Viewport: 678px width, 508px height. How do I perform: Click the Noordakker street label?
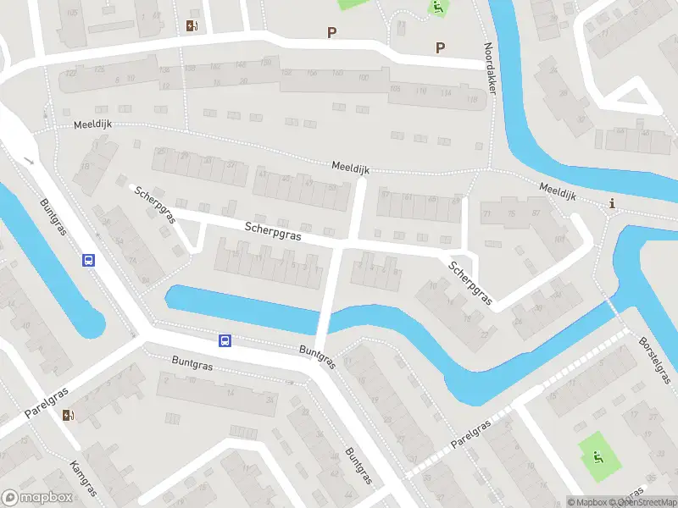pyautogui.click(x=492, y=75)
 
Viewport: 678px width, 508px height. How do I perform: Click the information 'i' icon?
pyautogui.click(x=613, y=203)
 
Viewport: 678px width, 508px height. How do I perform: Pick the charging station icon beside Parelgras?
pyautogui.click(x=68, y=414)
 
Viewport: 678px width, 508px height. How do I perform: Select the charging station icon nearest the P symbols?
pyautogui.click(x=192, y=25)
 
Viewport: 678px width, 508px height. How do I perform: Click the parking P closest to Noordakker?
pyautogui.click(x=439, y=47)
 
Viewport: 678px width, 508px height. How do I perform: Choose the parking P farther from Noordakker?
pyautogui.click(x=331, y=33)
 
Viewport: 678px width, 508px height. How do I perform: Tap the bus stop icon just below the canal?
pyautogui.click(x=225, y=340)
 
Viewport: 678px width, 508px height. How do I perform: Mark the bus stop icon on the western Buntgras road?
pyautogui.click(x=88, y=260)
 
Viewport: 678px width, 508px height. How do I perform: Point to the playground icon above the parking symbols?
pyautogui.click(x=438, y=9)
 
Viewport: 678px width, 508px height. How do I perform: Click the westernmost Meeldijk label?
pyautogui.click(x=92, y=124)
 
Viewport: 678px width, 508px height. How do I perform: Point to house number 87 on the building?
pyautogui.click(x=536, y=213)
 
